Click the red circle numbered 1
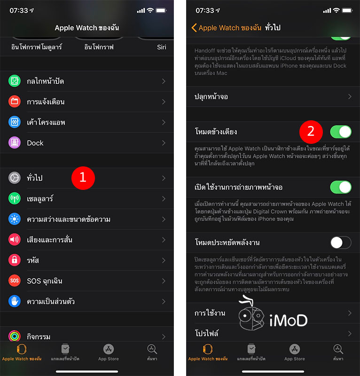click(83, 178)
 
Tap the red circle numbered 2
click(311, 132)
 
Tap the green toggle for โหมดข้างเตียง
click(341, 132)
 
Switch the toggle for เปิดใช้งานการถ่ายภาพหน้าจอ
click(341, 187)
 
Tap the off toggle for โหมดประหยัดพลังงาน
click(341, 243)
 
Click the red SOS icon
click(15, 281)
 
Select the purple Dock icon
click(15, 143)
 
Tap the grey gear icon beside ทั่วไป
click(15, 178)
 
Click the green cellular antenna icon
click(15, 199)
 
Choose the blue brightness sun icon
click(15, 219)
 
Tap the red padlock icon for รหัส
click(15, 260)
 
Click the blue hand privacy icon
click(15, 301)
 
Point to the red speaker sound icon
click(15, 240)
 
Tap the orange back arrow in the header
click(194, 28)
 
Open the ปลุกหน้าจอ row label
click(211, 96)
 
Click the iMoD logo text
click(288, 321)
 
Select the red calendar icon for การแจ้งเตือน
click(15, 102)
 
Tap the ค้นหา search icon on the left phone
click(152, 349)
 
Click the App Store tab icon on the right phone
click(294, 349)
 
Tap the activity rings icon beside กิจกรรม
click(15, 336)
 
